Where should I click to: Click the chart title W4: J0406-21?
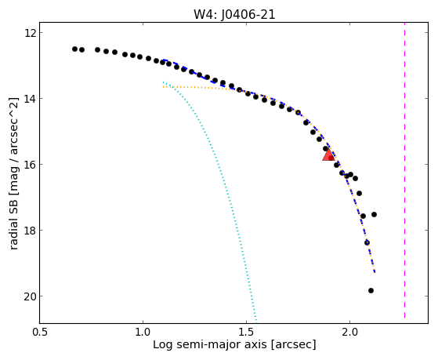(234, 15)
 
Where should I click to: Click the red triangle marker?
(328, 155)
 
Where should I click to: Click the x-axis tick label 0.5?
(40, 333)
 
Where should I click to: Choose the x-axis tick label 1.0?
(143, 333)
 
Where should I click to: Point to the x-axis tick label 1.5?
(246, 333)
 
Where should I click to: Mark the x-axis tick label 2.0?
(349, 333)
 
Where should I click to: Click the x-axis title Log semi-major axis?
(210, 344)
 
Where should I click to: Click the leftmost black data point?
(74, 49)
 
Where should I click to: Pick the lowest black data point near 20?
(371, 291)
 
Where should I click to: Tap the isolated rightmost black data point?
(374, 215)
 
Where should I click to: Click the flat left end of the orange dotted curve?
(164, 87)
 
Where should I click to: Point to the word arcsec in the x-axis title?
(294, 344)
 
